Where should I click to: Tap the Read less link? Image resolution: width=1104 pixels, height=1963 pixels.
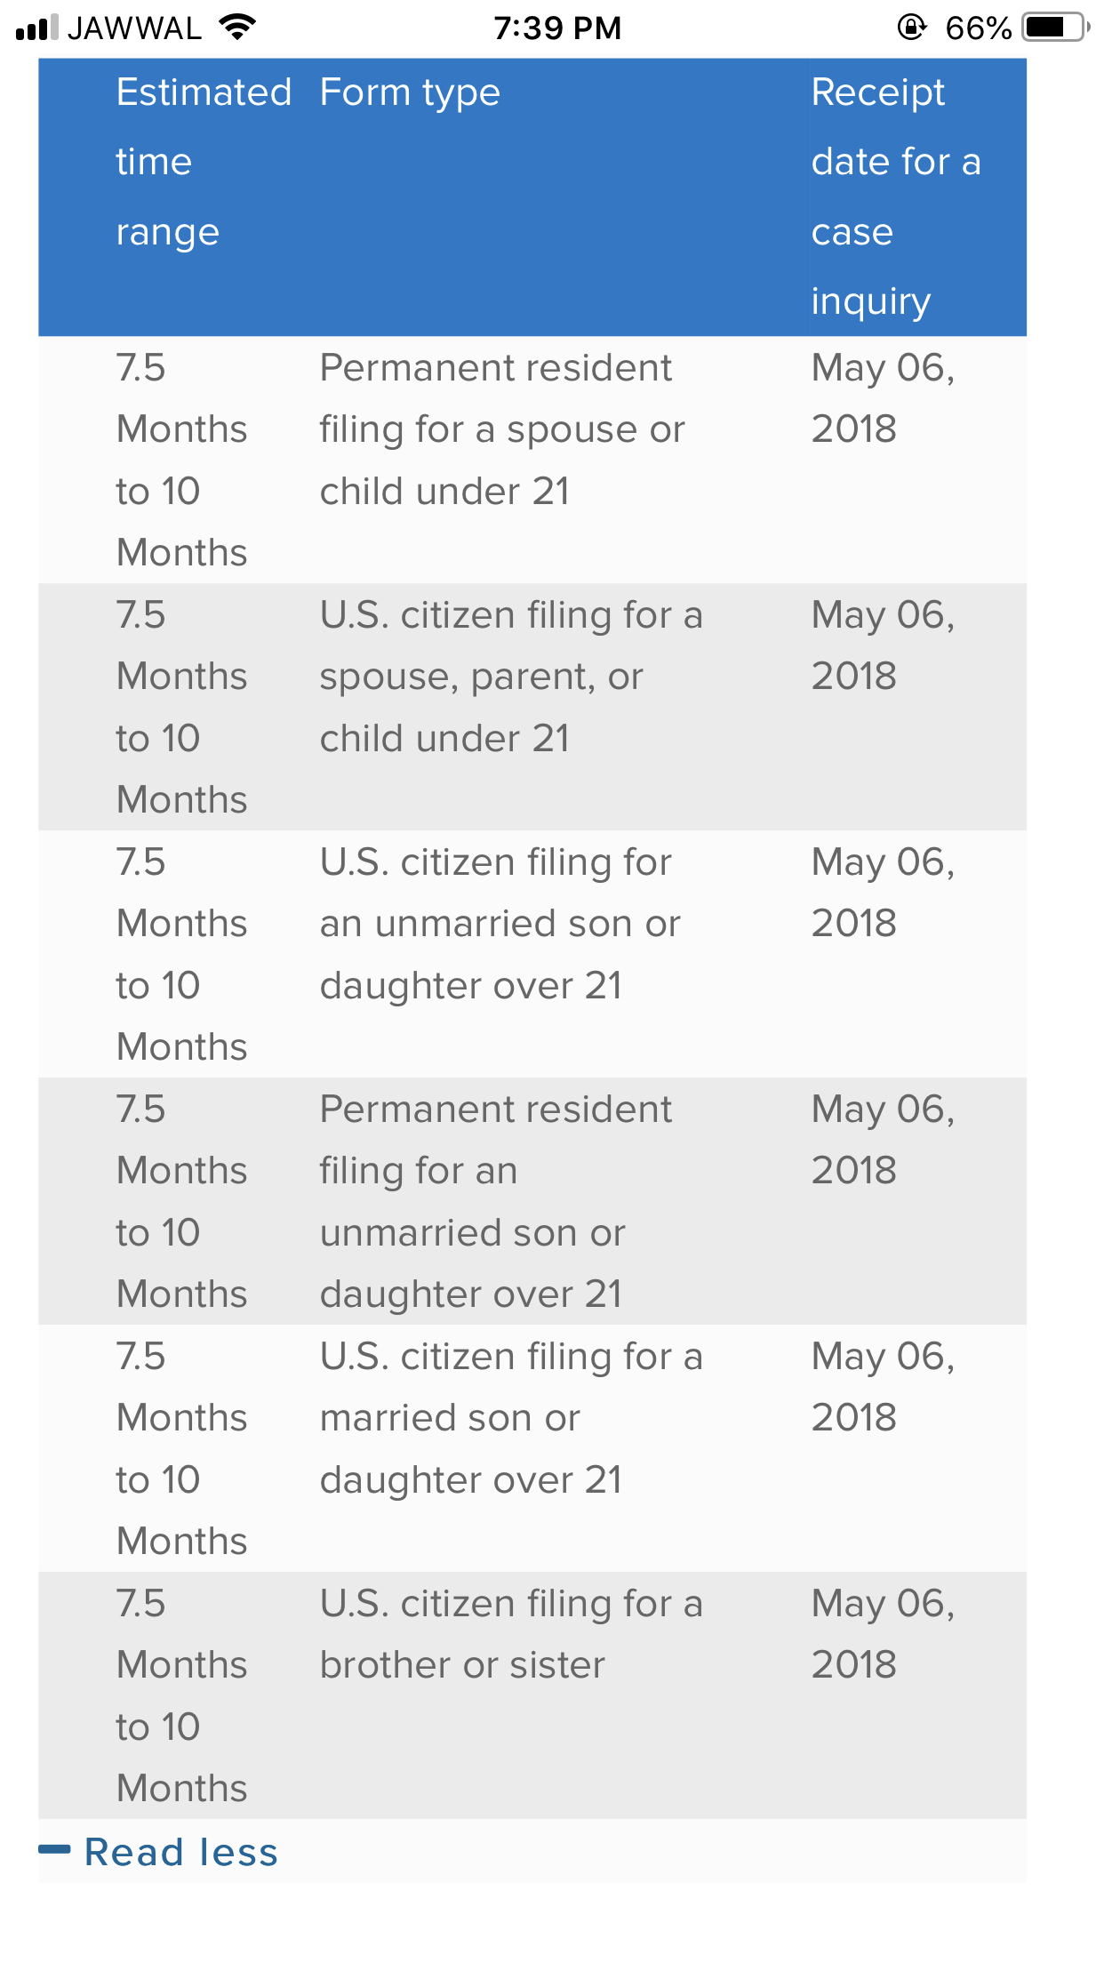[180, 1853]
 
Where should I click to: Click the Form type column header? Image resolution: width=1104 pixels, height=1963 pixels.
[410, 92]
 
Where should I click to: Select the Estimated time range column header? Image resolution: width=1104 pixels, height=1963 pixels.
[204, 162]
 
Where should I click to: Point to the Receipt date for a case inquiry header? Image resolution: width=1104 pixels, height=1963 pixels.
[895, 196]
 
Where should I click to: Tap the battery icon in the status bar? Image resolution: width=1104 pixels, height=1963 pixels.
[1055, 28]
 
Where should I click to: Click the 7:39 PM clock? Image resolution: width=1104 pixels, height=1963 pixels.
[557, 28]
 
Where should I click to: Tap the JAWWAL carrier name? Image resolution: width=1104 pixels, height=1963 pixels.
[135, 28]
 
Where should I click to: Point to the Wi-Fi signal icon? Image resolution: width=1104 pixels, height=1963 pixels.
[237, 27]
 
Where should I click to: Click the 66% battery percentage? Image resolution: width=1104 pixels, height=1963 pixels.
[978, 28]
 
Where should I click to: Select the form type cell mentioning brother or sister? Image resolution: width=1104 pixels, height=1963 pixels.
[510, 1634]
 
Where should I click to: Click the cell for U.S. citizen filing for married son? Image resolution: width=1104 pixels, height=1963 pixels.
[510, 1418]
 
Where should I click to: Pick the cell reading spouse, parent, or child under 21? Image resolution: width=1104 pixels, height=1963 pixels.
[510, 677]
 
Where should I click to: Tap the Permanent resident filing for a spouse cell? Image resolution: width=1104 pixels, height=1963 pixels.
[502, 429]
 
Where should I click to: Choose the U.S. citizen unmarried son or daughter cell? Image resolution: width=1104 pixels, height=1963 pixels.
[500, 924]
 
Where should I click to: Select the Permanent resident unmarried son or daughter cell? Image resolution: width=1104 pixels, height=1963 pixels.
[495, 1202]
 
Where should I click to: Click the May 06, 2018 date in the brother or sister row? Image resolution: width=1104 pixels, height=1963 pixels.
[883, 1634]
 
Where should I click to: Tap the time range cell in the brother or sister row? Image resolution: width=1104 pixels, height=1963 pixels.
[181, 1695]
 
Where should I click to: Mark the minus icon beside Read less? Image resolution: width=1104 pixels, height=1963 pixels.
[54, 1850]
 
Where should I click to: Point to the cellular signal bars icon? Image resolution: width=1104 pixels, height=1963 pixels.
[37, 28]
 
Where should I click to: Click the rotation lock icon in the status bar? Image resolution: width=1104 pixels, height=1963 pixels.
[911, 28]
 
